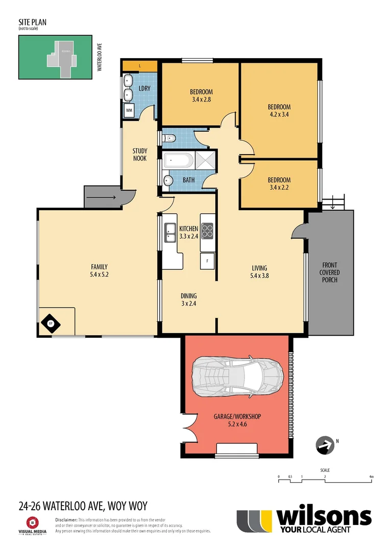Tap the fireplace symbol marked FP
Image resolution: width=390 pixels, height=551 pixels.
tap(51, 322)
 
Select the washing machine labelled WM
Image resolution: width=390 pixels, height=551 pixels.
tap(129, 110)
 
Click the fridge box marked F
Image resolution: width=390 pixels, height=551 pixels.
tap(207, 261)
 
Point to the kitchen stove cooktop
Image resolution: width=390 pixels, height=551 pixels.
tap(207, 231)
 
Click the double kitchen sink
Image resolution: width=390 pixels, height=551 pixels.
tap(170, 232)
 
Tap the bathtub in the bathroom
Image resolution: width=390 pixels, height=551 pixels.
tap(178, 161)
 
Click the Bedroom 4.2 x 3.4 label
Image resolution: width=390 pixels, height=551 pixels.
tap(279, 111)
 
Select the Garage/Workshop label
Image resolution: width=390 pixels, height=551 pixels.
tap(237, 420)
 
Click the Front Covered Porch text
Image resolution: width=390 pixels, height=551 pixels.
tap(330, 272)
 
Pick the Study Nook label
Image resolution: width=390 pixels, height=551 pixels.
tap(139, 155)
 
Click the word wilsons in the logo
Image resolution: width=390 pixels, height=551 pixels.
tap(324, 517)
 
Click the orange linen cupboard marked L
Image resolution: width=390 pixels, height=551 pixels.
tap(139, 66)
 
